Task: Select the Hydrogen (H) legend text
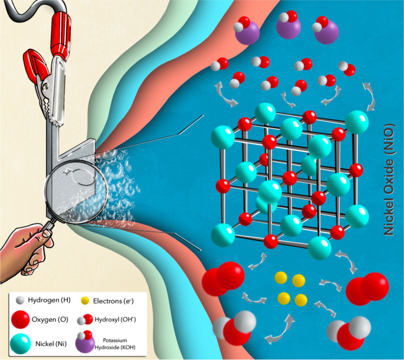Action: click(48, 300)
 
